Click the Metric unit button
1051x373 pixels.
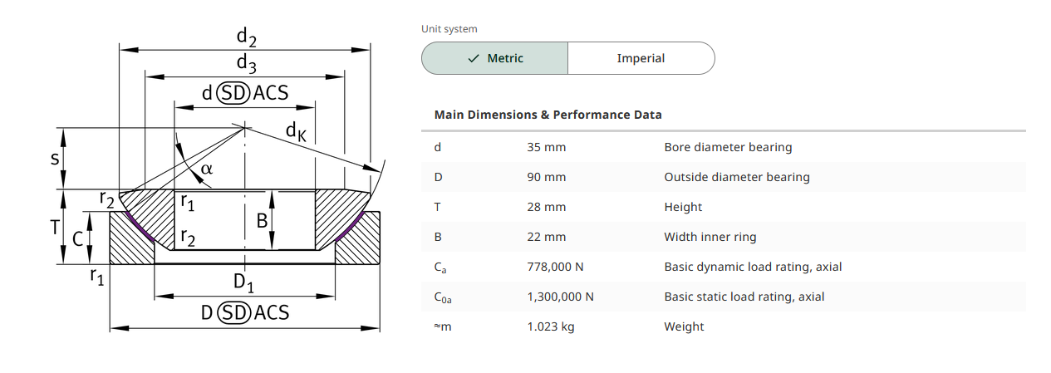(x=494, y=58)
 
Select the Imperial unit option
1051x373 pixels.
(x=641, y=58)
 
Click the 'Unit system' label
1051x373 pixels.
(x=449, y=29)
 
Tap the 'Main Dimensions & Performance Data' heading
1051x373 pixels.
(x=548, y=115)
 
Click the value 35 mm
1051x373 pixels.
(x=546, y=147)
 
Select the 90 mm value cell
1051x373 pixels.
(x=546, y=177)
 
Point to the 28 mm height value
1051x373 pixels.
(x=546, y=207)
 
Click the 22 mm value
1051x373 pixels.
(x=546, y=237)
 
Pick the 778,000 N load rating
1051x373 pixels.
(x=555, y=267)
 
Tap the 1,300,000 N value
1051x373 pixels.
(x=560, y=297)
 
